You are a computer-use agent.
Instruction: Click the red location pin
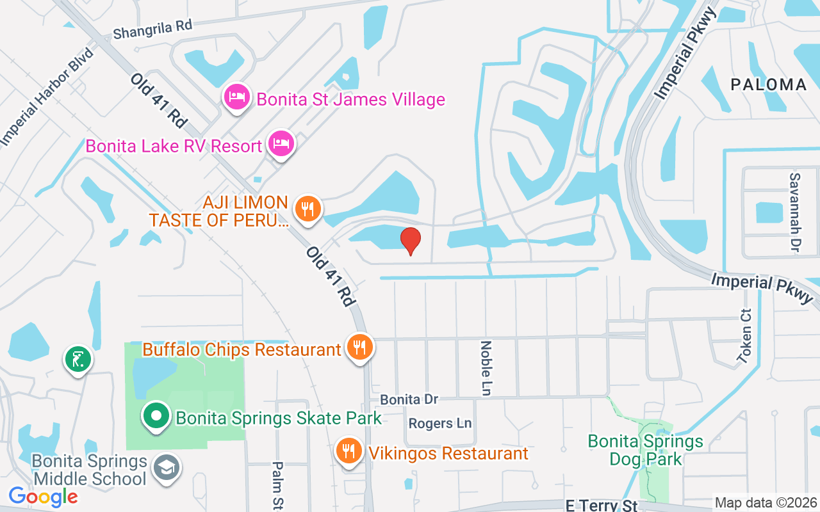pyautogui.click(x=411, y=241)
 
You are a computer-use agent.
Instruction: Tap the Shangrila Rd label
pyautogui.click(x=152, y=29)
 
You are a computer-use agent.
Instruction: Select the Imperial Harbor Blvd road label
pyautogui.click(x=45, y=97)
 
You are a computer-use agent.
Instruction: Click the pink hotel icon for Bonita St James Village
pyautogui.click(x=236, y=97)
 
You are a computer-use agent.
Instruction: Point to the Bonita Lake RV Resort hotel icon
pyautogui.click(x=281, y=143)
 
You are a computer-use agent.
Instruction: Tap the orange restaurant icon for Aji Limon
pyautogui.click(x=308, y=209)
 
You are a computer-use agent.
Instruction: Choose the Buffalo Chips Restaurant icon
pyautogui.click(x=360, y=348)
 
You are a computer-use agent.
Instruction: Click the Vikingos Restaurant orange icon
pyautogui.click(x=348, y=451)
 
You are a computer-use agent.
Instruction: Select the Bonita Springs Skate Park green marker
pyautogui.click(x=155, y=417)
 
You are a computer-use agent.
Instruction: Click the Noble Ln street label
pyautogui.click(x=486, y=368)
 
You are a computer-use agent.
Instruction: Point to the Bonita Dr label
pyautogui.click(x=409, y=399)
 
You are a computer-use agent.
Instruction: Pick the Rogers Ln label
pyautogui.click(x=439, y=424)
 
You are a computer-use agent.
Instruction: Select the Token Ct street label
pyautogui.click(x=745, y=337)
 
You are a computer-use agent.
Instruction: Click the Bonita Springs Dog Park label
pyautogui.click(x=645, y=450)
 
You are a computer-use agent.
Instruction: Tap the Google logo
pyautogui.click(x=43, y=497)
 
